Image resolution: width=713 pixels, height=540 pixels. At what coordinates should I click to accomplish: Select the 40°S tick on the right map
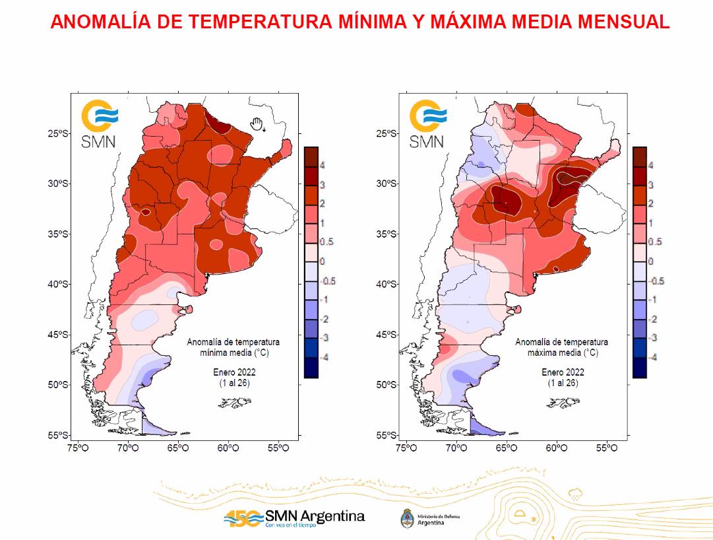(388, 284)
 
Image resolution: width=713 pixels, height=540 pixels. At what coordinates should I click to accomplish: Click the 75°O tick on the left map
(78, 449)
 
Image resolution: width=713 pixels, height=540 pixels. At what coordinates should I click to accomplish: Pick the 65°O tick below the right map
(507, 449)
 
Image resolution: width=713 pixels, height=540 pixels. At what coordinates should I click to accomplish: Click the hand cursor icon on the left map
(257, 123)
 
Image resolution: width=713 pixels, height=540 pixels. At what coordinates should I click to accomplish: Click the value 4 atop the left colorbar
(323, 166)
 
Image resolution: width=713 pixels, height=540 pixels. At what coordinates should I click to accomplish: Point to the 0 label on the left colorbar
(323, 261)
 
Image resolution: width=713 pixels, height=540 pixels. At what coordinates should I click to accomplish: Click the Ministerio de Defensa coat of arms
(407, 518)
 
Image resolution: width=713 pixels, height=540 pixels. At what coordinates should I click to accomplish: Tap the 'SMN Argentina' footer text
(315, 516)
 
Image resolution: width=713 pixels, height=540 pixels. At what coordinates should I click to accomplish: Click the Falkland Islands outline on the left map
(235, 402)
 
